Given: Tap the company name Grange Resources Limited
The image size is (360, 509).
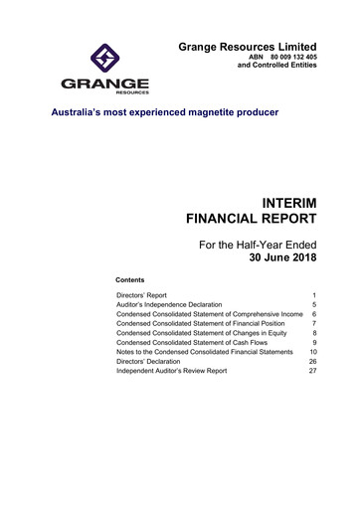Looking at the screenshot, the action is click(x=248, y=47).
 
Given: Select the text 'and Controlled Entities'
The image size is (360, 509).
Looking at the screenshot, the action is click(x=271, y=71).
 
